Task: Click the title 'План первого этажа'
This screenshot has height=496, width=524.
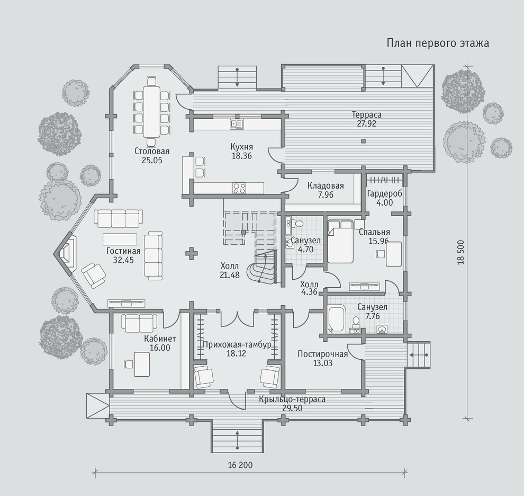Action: (x=438, y=43)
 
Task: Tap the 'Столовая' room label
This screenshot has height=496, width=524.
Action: (x=152, y=151)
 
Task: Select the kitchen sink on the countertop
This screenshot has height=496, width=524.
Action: (x=237, y=124)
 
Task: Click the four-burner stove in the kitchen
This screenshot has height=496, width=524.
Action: (x=239, y=188)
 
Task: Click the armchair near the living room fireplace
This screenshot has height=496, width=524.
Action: (x=94, y=275)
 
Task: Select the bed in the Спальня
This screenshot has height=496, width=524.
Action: (x=340, y=241)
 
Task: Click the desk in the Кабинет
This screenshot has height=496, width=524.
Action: (x=142, y=364)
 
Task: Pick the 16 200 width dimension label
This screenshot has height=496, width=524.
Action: (x=240, y=465)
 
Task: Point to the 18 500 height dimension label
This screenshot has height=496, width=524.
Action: (x=461, y=252)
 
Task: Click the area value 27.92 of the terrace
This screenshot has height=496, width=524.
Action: (x=366, y=123)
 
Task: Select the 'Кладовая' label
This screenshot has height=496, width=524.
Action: (x=326, y=186)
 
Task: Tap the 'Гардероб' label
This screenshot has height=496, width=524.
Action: (x=385, y=193)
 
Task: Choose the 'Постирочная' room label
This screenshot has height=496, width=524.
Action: (x=322, y=354)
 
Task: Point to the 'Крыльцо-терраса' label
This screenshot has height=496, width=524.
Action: (x=292, y=400)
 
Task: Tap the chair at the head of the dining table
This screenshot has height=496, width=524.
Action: (x=152, y=81)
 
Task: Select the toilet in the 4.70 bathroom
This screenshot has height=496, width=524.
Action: (x=298, y=222)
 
